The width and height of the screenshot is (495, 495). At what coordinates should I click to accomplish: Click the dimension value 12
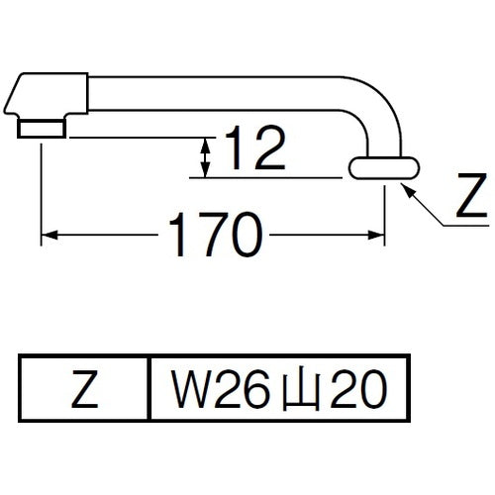point(251,151)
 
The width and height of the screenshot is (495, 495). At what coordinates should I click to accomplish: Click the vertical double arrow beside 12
point(204,157)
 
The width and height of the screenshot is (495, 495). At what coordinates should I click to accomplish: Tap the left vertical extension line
point(41,188)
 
